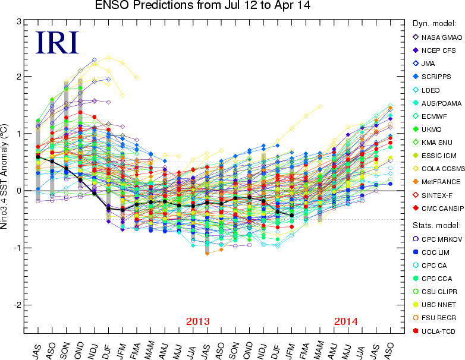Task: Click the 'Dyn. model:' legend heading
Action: pyautogui.click(x=434, y=24)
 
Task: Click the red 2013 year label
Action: pyautogui.click(x=198, y=321)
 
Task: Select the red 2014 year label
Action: pyautogui.click(x=346, y=321)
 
